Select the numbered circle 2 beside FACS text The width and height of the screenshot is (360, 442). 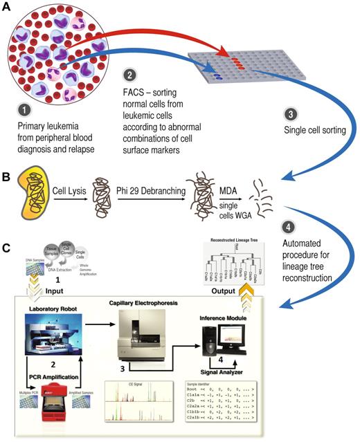click(x=129, y=74)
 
